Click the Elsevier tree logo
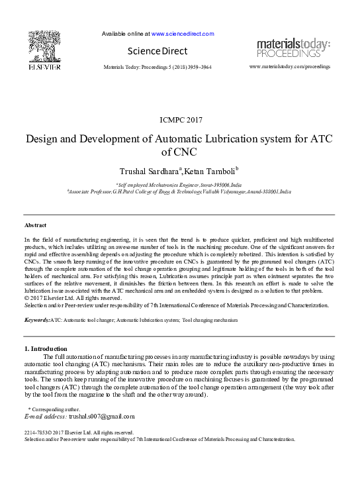[x=44, y=46]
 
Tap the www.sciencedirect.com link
[x=183, y=33]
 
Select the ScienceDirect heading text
[x=157, y=51]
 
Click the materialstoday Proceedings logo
[x=293, y=48]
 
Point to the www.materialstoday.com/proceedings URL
[x=290, y=67]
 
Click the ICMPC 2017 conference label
[x=181, y=120]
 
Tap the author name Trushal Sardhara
[x=147, y=171]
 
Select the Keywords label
[x=36, y=320]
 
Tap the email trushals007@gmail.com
[x=102, y=417]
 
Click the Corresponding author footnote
[x=54, y=410]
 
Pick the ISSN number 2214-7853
[x=36, y=432]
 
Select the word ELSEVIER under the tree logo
[x=44, y=67]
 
